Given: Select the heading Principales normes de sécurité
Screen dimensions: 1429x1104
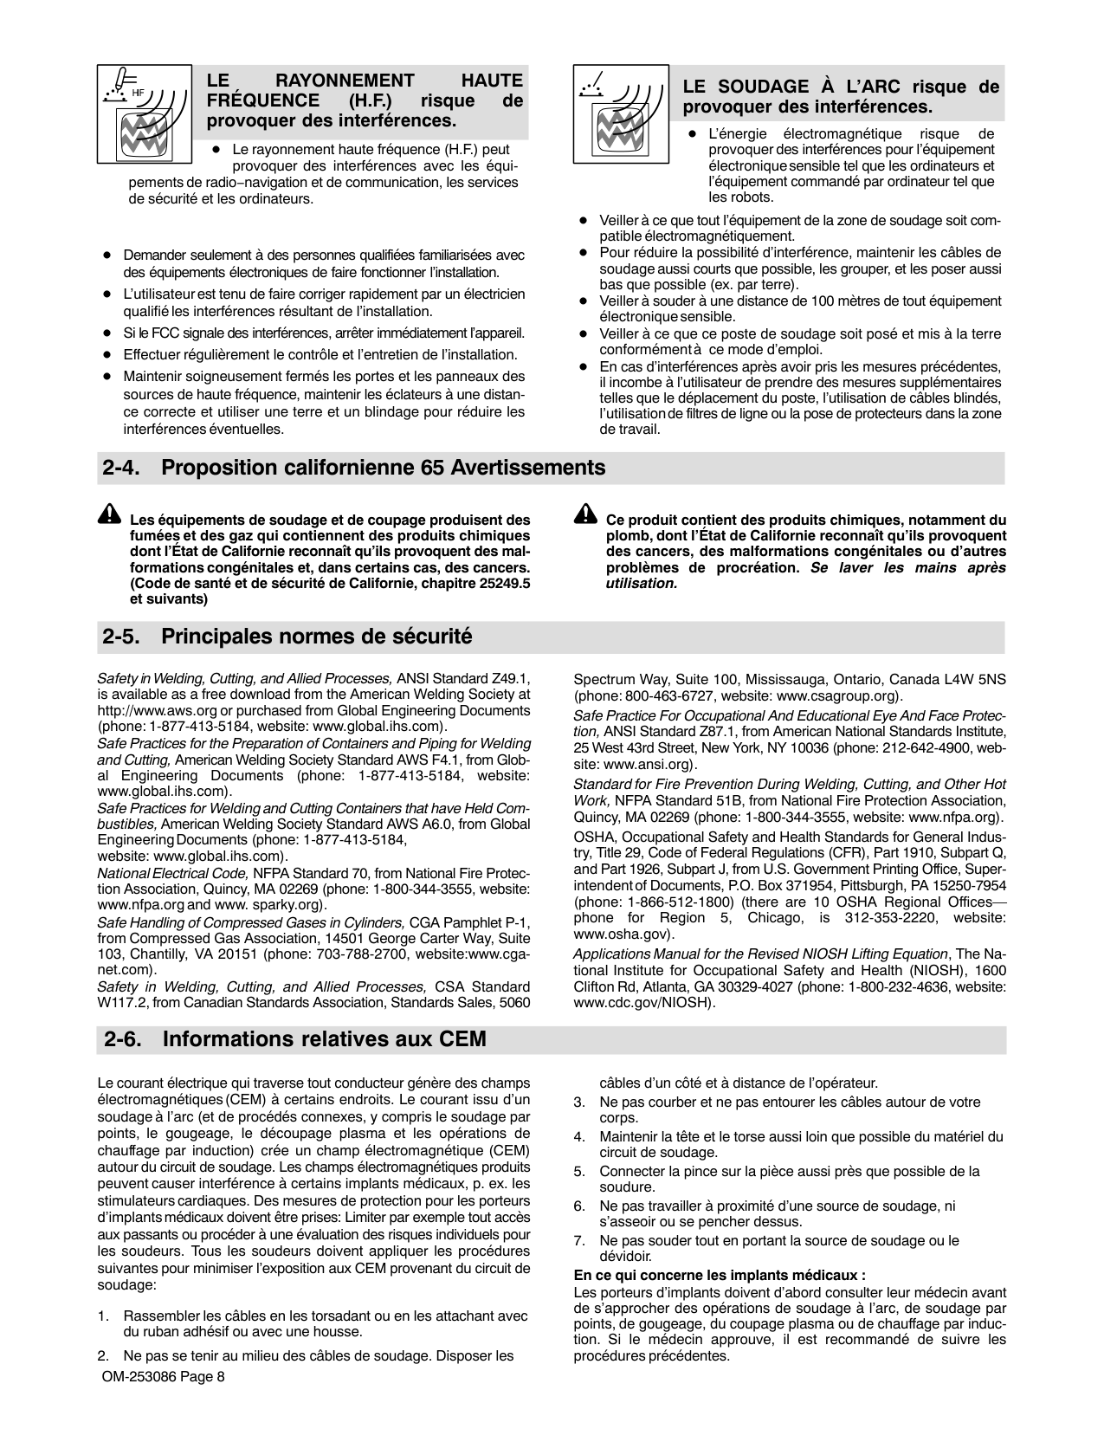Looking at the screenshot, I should (317, 637).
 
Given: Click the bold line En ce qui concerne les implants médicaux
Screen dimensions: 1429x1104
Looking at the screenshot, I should (720, 1275).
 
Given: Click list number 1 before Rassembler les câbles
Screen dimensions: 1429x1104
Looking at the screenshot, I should (103, 1316).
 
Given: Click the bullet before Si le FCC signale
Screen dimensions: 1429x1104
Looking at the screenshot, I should (107, 333).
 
